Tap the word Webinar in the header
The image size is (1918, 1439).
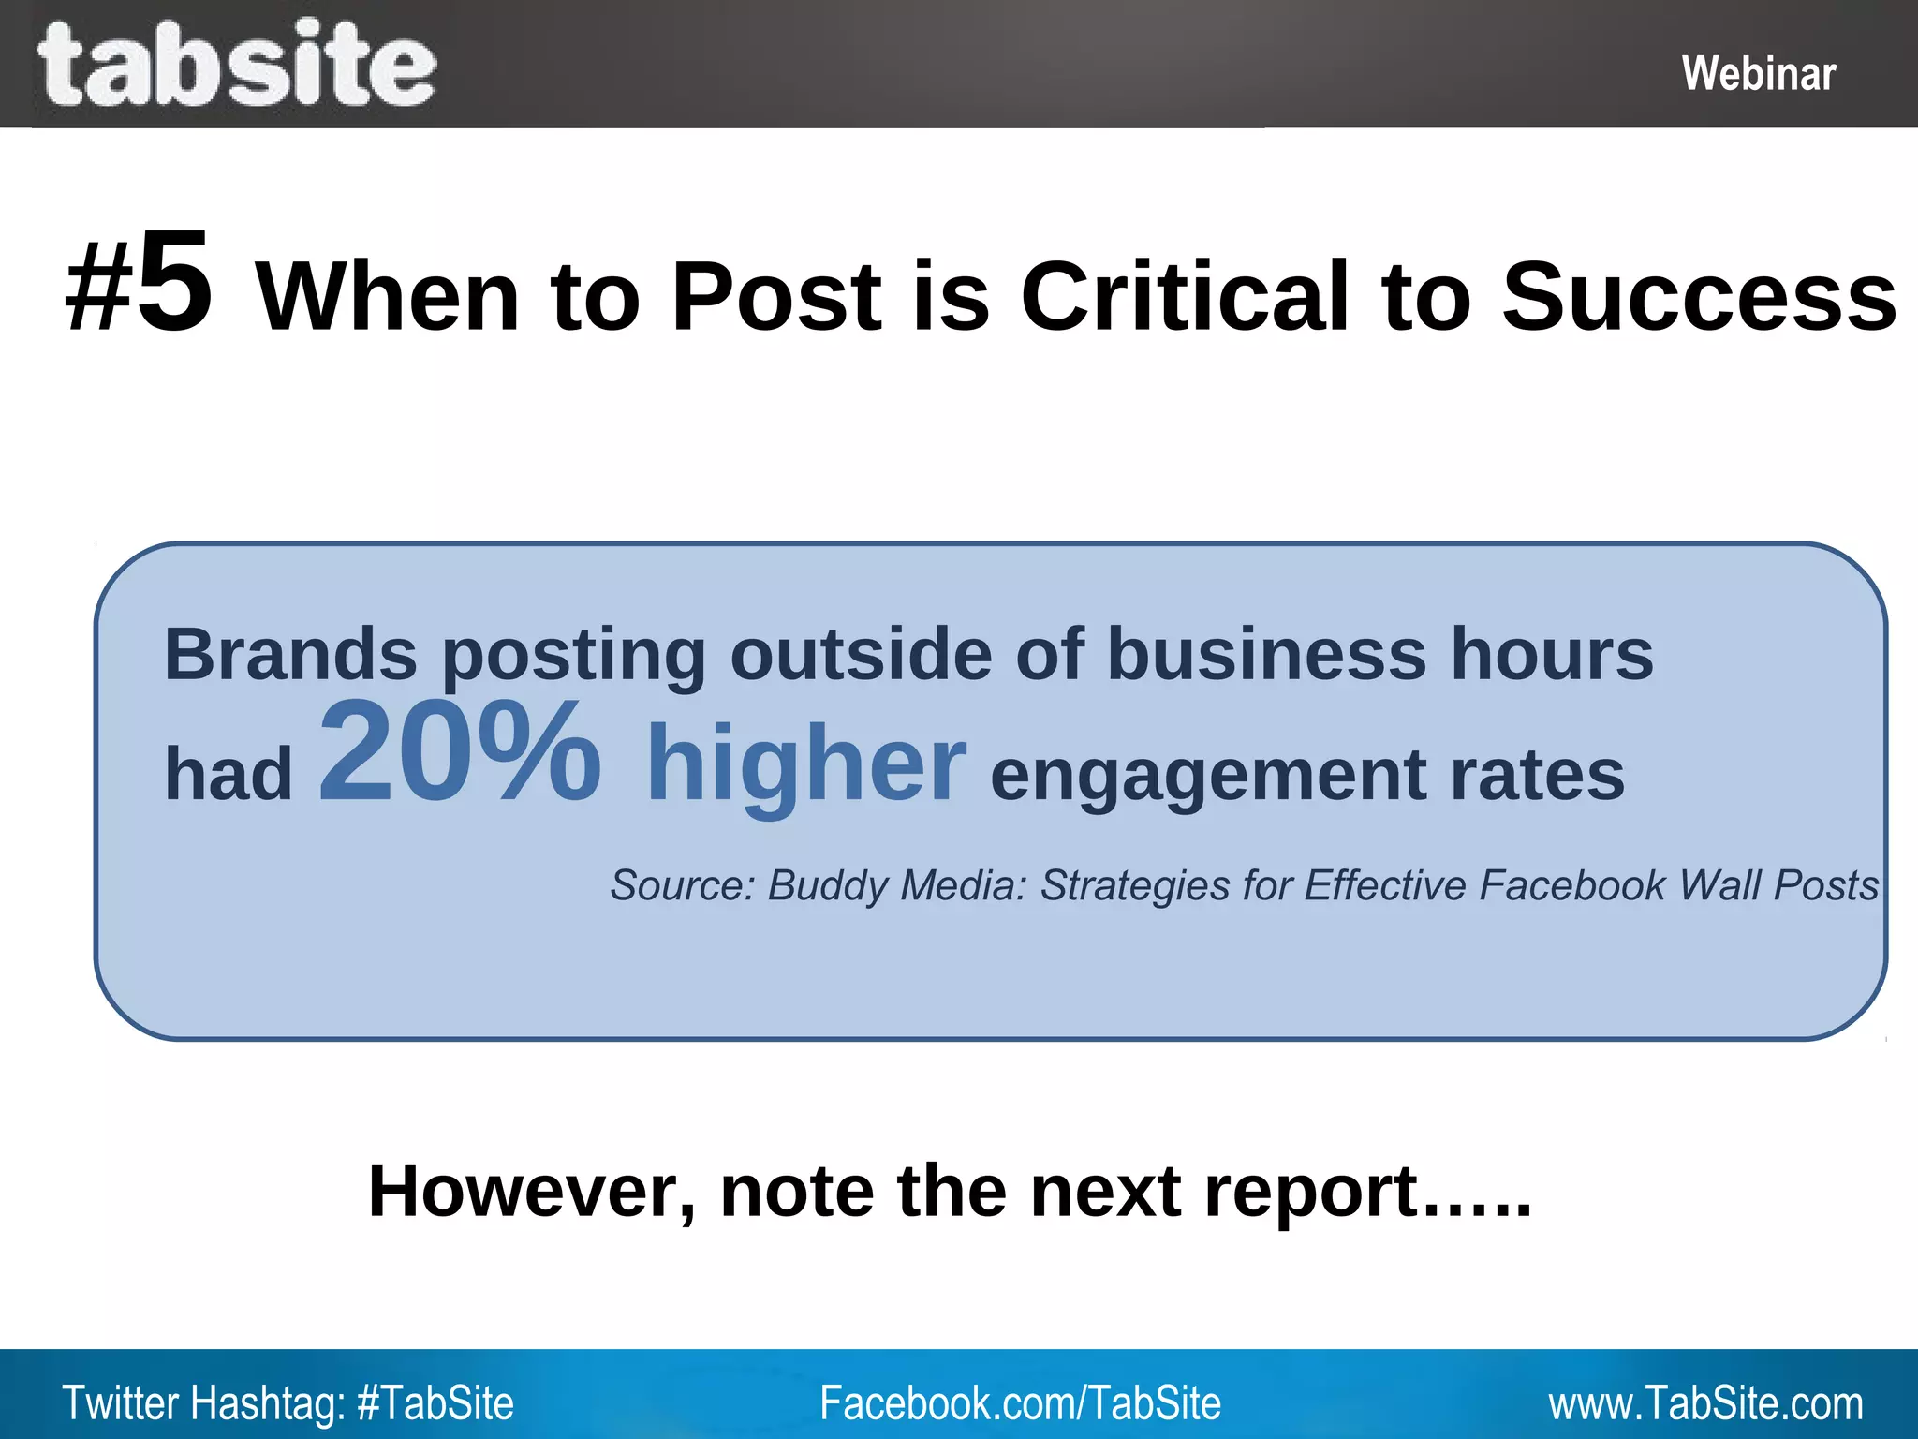coord(1758,74)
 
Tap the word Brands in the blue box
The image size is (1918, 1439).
coord(290,654)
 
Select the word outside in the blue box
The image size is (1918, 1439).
coord(860,654)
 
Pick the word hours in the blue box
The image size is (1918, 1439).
coord(1552,654)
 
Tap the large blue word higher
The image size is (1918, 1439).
coord(805,764)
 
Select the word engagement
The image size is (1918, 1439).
coord(1208,776)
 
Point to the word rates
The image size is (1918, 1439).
coord(1537,776)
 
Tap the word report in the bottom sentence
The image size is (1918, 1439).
coord(1311,1191)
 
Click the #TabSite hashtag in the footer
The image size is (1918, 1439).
coord(435,1403)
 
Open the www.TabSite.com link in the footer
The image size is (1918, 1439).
coord(1705,1403)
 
